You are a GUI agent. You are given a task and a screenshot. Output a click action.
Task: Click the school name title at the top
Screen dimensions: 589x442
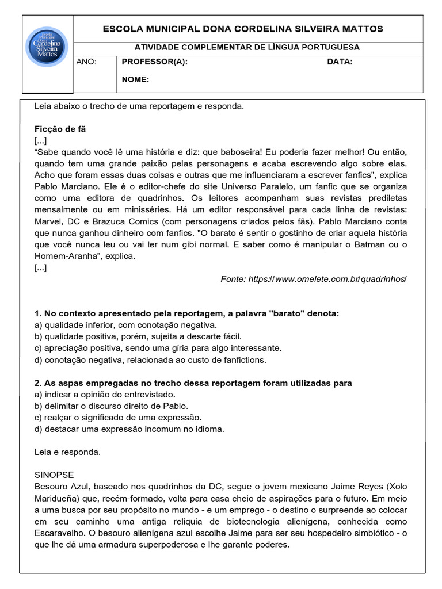(x=242, y=29)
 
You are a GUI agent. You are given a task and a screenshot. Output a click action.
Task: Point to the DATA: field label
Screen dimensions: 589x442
(x=340, y=62)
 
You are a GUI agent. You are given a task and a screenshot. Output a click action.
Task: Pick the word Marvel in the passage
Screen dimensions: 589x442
(x=47, y=221)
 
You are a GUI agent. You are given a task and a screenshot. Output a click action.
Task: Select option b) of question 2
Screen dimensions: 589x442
(x=111, y=406)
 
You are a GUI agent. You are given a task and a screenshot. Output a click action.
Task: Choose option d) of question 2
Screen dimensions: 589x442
(x=129, y=429)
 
